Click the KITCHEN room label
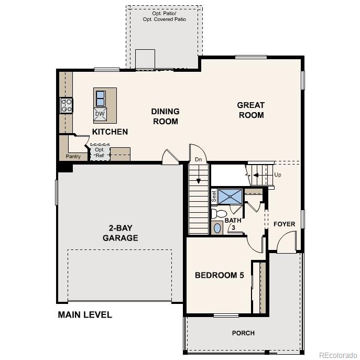(110, 132)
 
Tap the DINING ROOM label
(165, 116)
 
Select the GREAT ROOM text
(251, 110)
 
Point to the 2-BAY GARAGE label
(120, 233)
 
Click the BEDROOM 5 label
(220, 275)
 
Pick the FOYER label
(284, 224)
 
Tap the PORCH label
(243, 333)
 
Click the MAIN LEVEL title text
(84, 315)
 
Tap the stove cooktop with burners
(67, 105)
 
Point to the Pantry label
(73, 156)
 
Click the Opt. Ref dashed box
(100, 152)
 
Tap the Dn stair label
(198, 159)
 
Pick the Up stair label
(277, 174)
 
